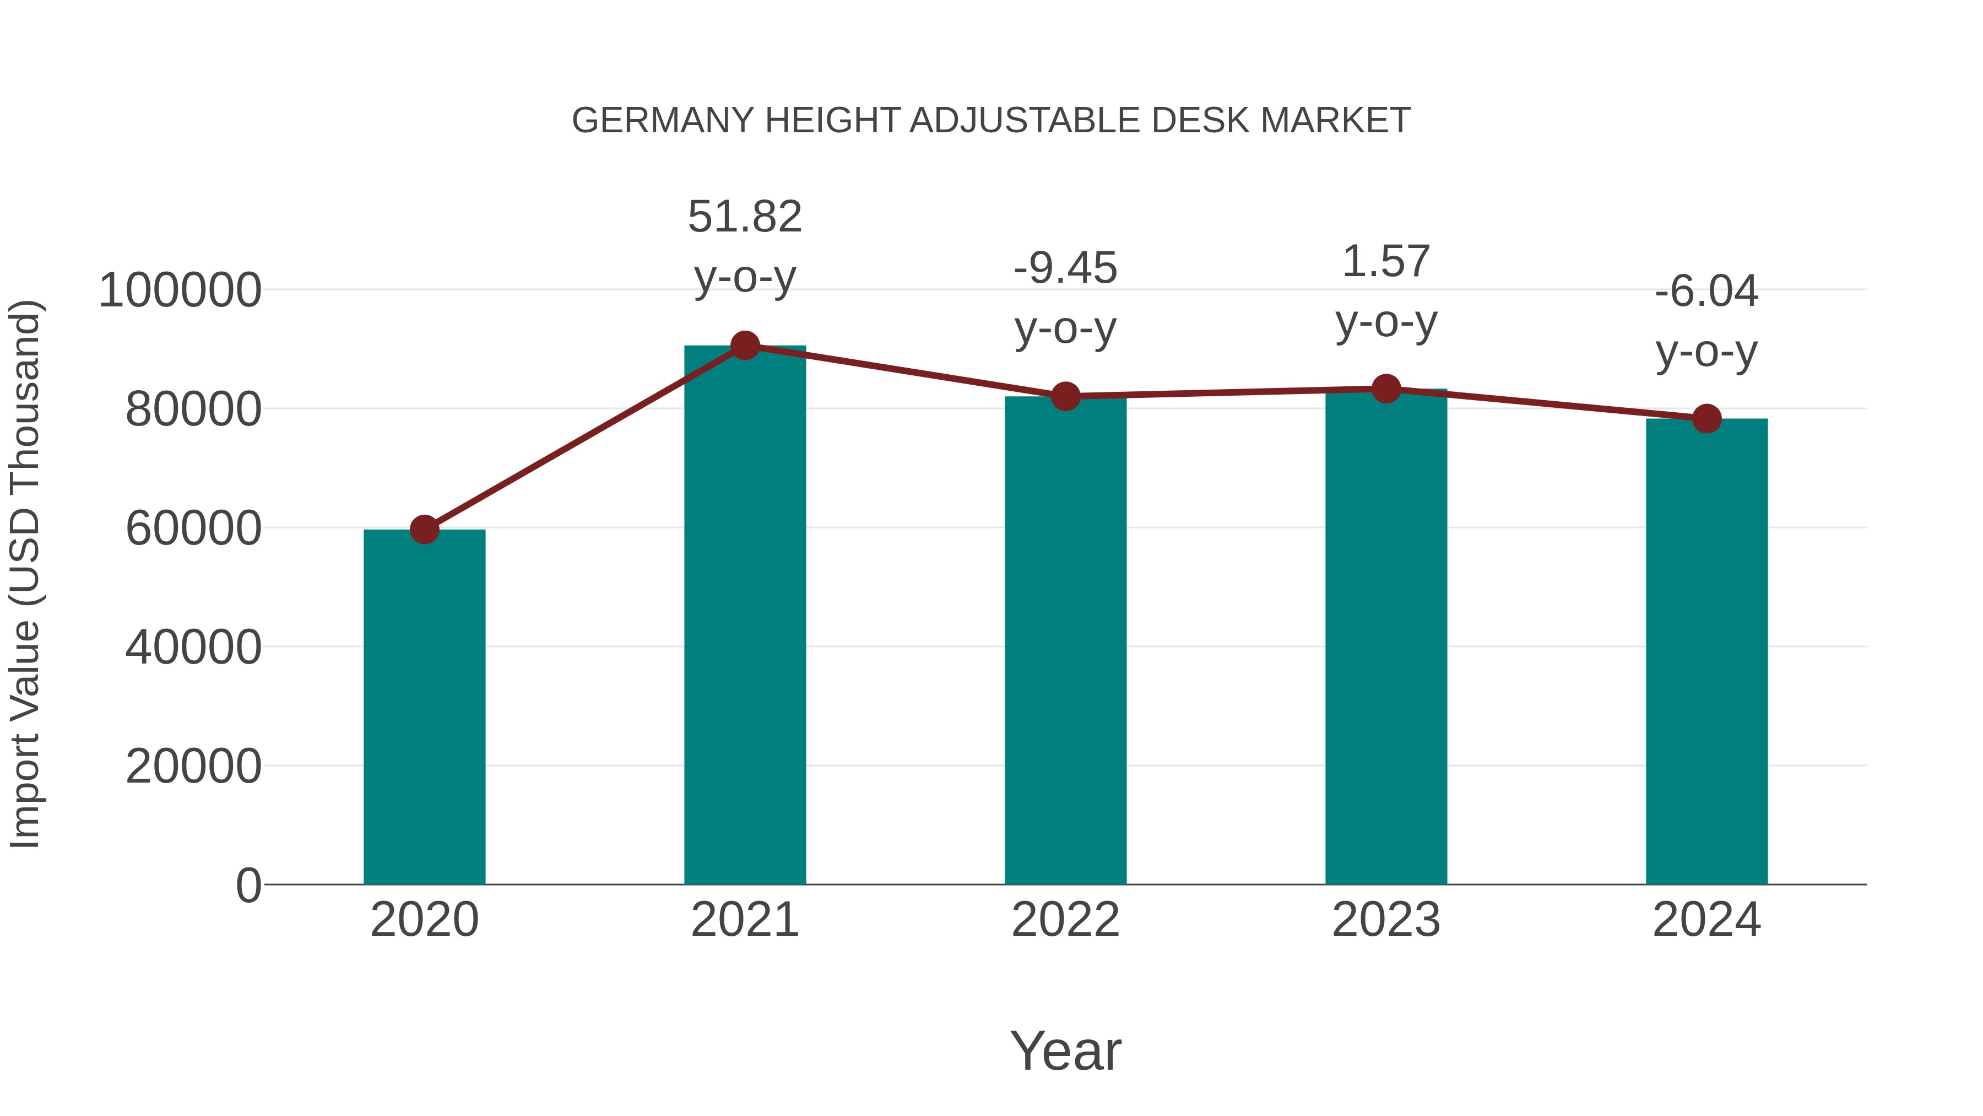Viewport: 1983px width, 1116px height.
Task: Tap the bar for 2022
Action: click(x=1065, y=639)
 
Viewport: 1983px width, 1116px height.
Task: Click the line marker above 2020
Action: click(x=424, y=529)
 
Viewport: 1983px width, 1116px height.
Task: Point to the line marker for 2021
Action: click(x=744, y=346)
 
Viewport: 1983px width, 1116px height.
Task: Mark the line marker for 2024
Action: click(x=1706, y=419)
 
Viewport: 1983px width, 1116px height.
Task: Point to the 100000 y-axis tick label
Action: click(x=180, y=291)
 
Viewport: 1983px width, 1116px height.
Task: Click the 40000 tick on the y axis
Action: click(x=193, y=647)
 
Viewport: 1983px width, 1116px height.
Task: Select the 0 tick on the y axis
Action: click(x=248, y=885)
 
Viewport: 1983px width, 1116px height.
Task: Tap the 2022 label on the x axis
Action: click(x=1065, y=920)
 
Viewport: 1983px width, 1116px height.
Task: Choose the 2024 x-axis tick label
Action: click(x=1706, y=920)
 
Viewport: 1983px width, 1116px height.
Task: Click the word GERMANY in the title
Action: click(x=662, y=121)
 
